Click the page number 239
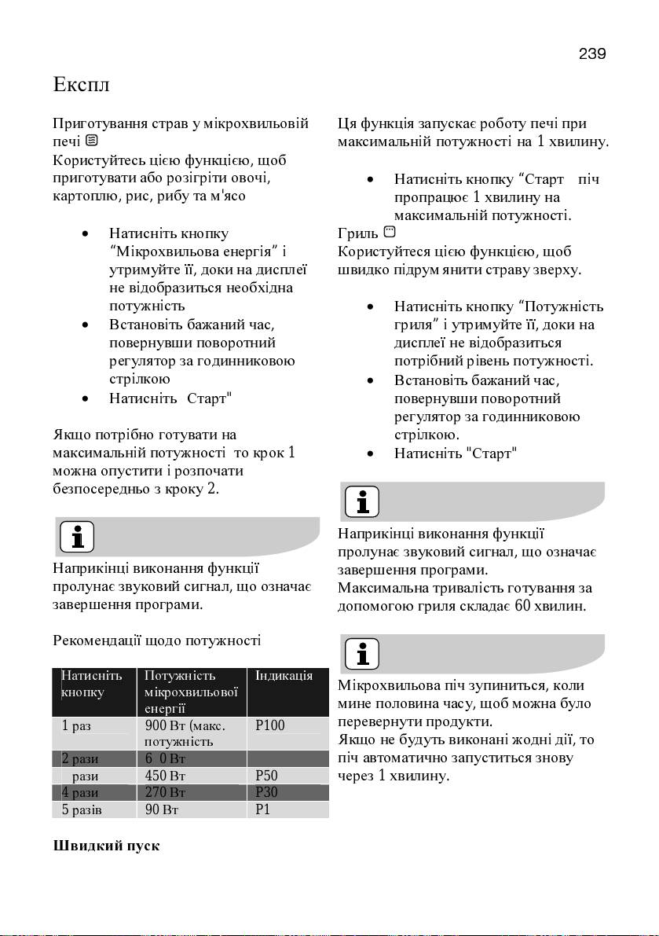592,54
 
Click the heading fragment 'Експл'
80,83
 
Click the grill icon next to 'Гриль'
390,232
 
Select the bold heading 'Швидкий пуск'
106,846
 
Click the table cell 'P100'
271,725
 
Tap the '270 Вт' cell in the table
166,792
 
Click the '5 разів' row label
82,809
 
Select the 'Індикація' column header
284,676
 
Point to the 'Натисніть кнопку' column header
91,685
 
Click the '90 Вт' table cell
163,809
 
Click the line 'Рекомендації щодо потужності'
156,641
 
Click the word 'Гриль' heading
357,233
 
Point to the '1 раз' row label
76,725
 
